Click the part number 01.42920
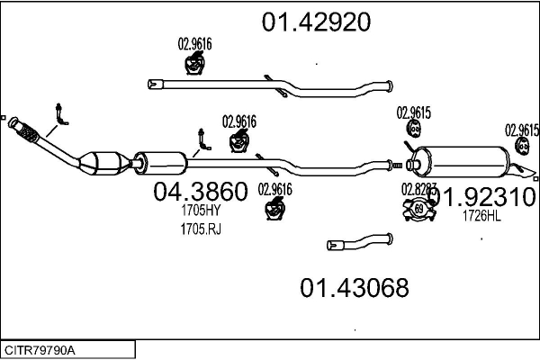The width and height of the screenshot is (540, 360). coord(316,22)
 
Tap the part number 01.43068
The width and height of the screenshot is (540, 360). coord(354,288)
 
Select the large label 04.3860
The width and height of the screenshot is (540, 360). coord(200,192)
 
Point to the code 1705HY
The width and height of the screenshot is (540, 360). coord(200,211)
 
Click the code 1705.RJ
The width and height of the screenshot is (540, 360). coord(200,229)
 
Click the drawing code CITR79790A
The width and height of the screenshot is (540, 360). coord(41,349)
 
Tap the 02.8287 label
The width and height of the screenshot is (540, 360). coord(419,190)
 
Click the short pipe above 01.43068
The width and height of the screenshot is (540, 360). coord(360,241)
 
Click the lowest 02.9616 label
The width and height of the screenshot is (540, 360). coord(275,189)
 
